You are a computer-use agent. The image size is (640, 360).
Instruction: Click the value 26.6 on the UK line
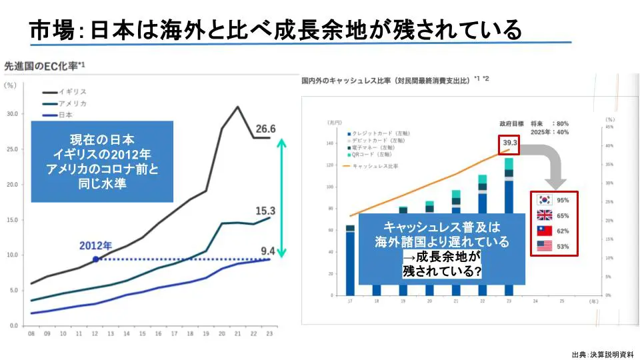tap(265, 129)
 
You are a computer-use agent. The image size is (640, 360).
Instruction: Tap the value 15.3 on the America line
tap(265, 211)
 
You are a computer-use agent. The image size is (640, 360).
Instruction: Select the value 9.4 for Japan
tap(267, 251)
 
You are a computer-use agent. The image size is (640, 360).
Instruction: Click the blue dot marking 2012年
tap(96, 259)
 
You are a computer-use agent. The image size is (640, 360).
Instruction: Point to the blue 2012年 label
tap(95, 245)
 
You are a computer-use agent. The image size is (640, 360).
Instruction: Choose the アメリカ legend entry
tap(73, 103)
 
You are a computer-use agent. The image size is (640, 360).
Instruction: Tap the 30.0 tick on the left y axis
tap(11, 114)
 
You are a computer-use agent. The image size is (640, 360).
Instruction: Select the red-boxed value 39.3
tap(510, 143)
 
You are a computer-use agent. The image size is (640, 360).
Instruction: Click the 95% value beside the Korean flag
tap(563, 200)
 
